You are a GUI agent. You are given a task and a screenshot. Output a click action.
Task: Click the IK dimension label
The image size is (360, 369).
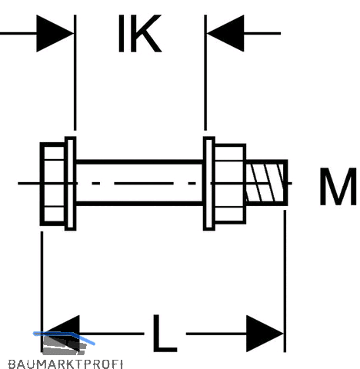pos(140,34)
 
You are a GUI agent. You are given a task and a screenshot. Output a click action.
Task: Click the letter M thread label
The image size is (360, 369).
pos(338,187)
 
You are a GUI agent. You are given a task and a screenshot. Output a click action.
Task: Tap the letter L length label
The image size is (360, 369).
pos(165,334)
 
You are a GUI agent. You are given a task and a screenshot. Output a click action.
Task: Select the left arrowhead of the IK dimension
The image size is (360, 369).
pos(55,33)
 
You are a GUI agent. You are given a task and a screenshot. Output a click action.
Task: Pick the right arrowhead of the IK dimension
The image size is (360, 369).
pos(225,33)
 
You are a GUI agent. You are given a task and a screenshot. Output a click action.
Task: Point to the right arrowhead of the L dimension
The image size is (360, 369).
pos(265,334)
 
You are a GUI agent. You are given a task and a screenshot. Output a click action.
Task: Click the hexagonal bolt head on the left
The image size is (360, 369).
pos(52,184)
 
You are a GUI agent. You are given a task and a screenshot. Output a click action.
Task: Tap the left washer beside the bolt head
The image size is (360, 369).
pos(70,184)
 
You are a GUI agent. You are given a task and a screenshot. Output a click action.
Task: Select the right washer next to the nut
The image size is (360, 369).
pos(209,184)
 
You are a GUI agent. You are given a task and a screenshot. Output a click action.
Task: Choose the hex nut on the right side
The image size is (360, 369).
pos(230,184)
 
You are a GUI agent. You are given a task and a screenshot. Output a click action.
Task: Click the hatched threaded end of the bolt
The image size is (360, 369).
pos(267,182)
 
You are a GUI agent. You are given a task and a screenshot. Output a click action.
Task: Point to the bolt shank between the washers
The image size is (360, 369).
pos(140,182)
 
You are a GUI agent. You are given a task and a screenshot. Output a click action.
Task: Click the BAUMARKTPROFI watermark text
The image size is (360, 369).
pos(65,364)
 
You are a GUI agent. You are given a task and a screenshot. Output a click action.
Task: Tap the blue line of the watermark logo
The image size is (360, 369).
pos(64,336)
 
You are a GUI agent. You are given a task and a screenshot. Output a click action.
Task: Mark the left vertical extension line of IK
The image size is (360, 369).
pos(75,72)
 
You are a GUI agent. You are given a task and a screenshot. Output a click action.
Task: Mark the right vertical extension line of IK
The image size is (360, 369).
pos(205,72)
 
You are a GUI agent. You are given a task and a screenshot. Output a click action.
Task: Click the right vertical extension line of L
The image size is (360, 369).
pos(285,281)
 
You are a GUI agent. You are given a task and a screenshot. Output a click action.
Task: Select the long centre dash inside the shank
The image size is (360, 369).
pos(144,183)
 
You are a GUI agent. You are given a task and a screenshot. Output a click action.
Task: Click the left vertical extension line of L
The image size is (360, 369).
pos(42,291)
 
